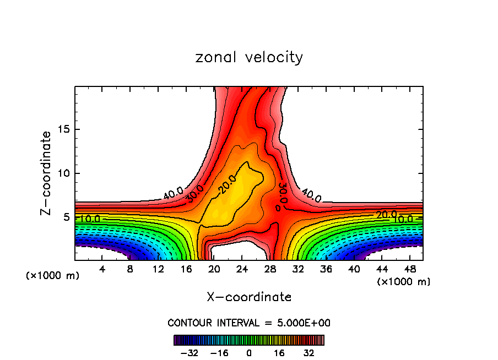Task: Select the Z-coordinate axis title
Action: point(47,173)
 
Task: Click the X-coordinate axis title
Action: point(249,297)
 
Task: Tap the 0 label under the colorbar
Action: point(249,352)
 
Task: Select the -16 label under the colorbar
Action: point(219,352)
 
